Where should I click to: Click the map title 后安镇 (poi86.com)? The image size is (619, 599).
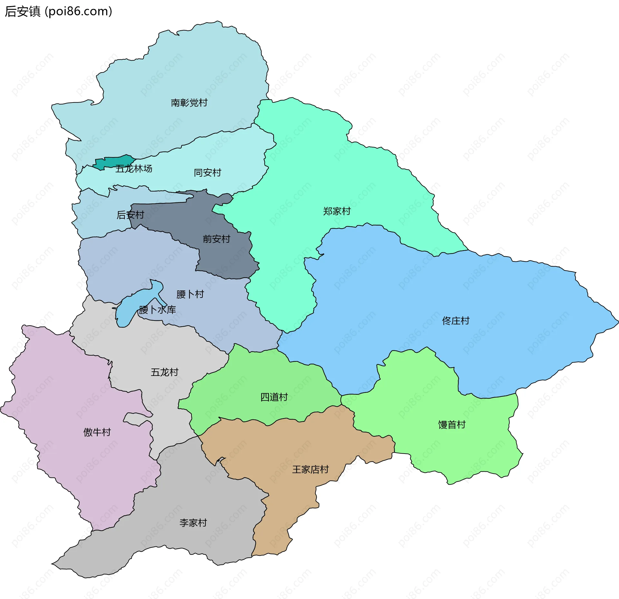click(58, 12)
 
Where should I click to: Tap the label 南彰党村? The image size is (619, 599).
click(189, 103)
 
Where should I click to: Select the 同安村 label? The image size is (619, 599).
click(207, 173)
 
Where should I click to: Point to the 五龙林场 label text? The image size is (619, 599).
click(134, 169)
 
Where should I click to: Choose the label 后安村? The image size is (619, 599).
click(130, 215)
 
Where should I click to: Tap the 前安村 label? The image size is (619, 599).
click(216, 239)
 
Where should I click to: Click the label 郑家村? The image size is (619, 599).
click(337, 211)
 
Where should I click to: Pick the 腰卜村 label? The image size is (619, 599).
click(190, 294)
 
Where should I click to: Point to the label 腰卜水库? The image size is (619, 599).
click(157, 310)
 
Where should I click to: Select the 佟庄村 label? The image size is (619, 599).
click(456, 320)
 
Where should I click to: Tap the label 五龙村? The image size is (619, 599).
click(164, 372)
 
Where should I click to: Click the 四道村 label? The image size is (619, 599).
click(274, 397)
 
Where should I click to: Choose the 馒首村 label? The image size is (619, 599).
click(452, 425)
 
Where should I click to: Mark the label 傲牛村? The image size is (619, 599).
click(97, 432)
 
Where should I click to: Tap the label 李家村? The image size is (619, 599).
click(193, 523)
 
